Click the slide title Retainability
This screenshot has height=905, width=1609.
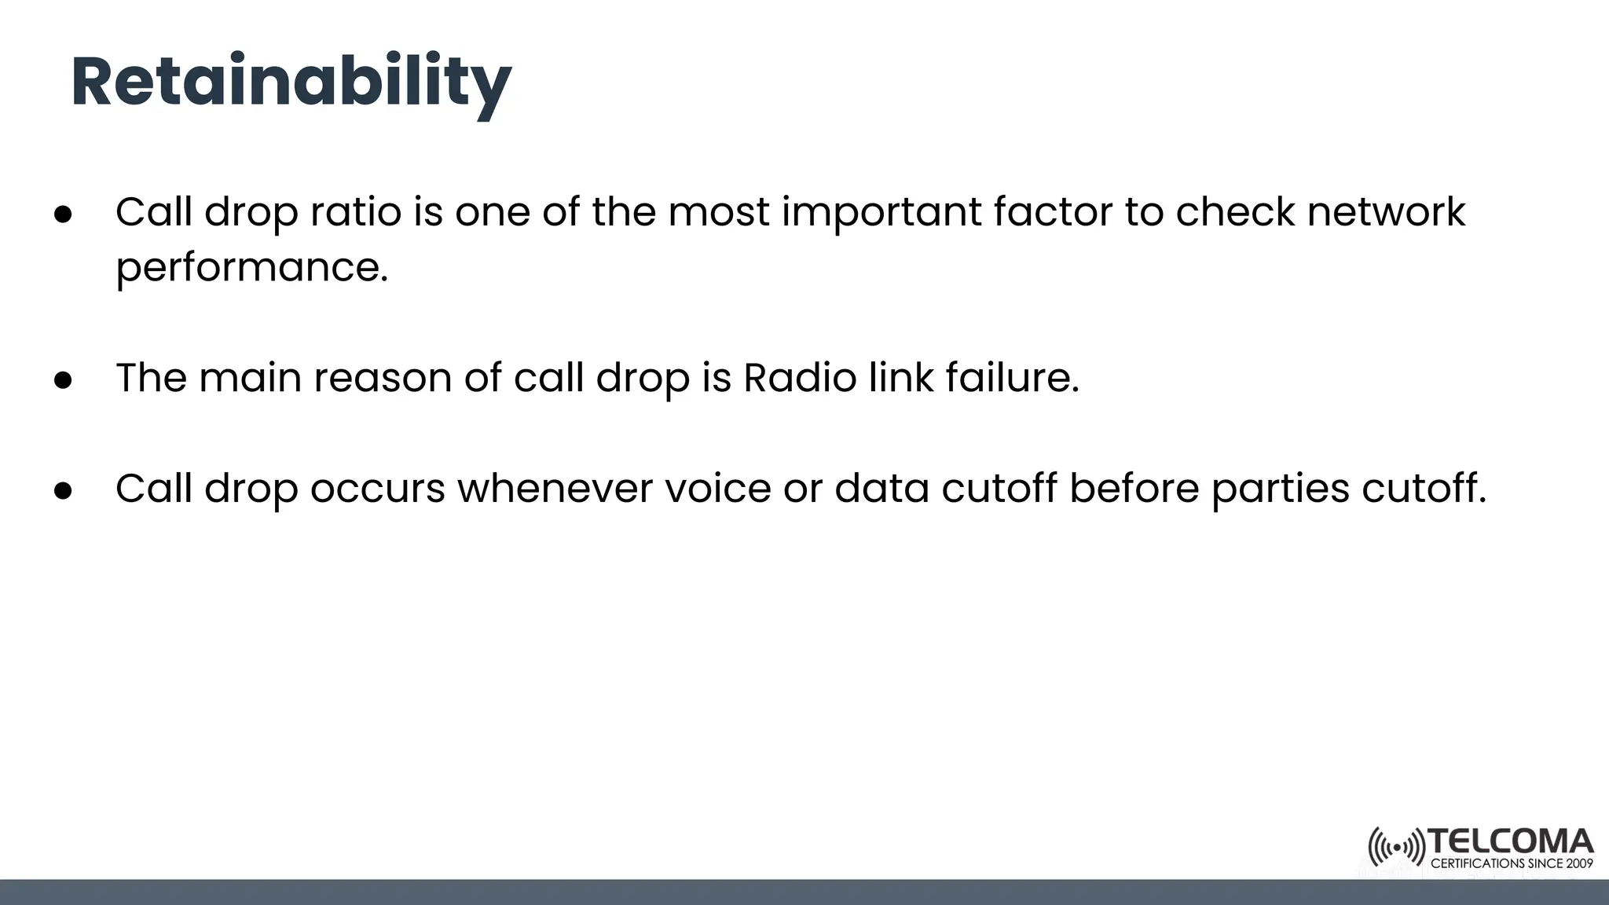pyautogui.click(x=291, y=83)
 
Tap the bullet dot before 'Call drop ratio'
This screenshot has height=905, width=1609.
pyautogui.click(x=64, y=214)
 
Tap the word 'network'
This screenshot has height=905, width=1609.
pyautogui.click(x=1386, y=212)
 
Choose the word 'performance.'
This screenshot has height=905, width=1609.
pyautogui.click(x=252, y=269)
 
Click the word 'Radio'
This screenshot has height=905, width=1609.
pyautogui.click(x=800, y=378)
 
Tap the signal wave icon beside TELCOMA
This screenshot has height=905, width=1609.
pyautogui.click(x=1396, y=848)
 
